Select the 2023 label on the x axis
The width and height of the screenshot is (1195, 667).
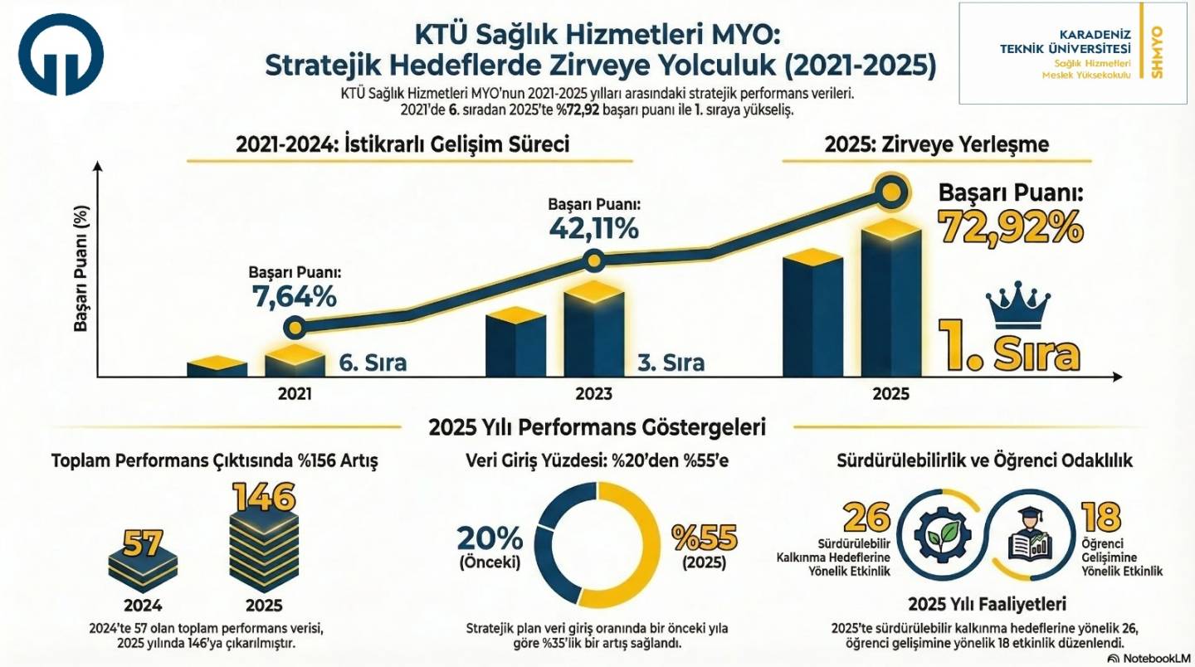593,395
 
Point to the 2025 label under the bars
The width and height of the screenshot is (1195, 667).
890,395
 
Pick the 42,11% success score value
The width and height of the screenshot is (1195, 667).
593,227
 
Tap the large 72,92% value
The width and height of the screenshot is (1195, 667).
1011,226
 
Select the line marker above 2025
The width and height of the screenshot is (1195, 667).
890,192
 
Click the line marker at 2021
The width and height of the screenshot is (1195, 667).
295,328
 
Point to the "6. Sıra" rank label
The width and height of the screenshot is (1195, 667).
373,363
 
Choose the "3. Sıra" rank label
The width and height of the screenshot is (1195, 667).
671,363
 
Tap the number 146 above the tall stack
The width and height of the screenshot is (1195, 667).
263,498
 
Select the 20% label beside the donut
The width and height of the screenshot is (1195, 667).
490,539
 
